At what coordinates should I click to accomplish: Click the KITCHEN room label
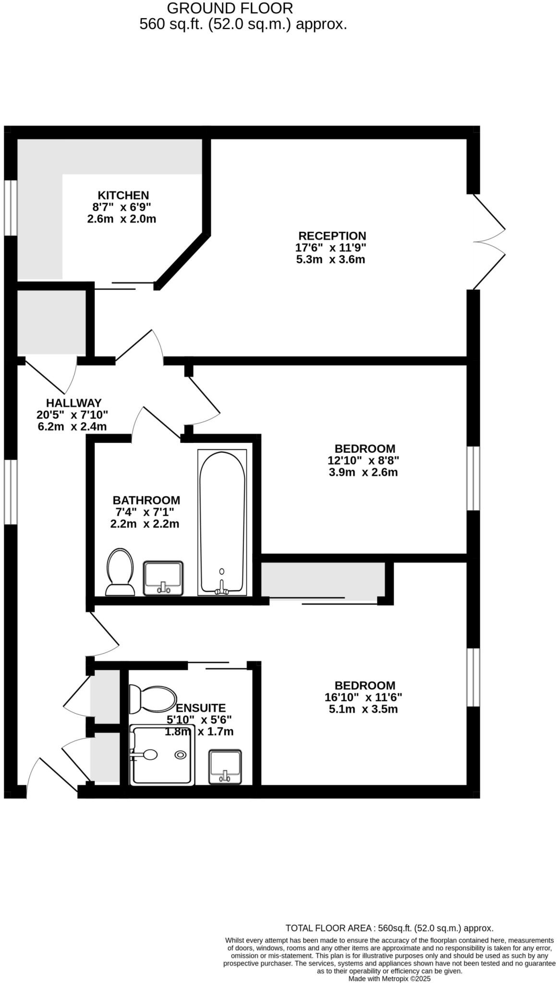point(123,195)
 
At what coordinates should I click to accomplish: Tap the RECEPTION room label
point(332,236)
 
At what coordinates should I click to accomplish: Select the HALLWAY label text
point(73,403)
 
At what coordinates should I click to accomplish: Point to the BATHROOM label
point(146,500)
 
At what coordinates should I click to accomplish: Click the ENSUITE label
point(201,707)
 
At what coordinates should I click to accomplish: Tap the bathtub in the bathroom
point(222,522)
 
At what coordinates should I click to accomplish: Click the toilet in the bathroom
point(120,572)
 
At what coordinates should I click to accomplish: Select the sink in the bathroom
point(163,577)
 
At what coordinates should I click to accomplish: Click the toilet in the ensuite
point(153,699)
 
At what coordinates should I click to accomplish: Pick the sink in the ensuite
point(225,767)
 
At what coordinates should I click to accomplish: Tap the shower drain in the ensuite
point(181,755)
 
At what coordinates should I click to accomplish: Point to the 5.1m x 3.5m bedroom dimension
point(363,709)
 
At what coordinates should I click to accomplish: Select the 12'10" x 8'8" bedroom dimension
point(363,460)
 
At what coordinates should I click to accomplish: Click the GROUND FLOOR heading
point(230,8)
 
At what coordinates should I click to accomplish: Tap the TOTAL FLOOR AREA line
point(389,928)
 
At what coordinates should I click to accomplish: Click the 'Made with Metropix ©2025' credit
point(389,978)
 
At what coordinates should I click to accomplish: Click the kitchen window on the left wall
point(11,208)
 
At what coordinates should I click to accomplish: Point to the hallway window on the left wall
point(11,491)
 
